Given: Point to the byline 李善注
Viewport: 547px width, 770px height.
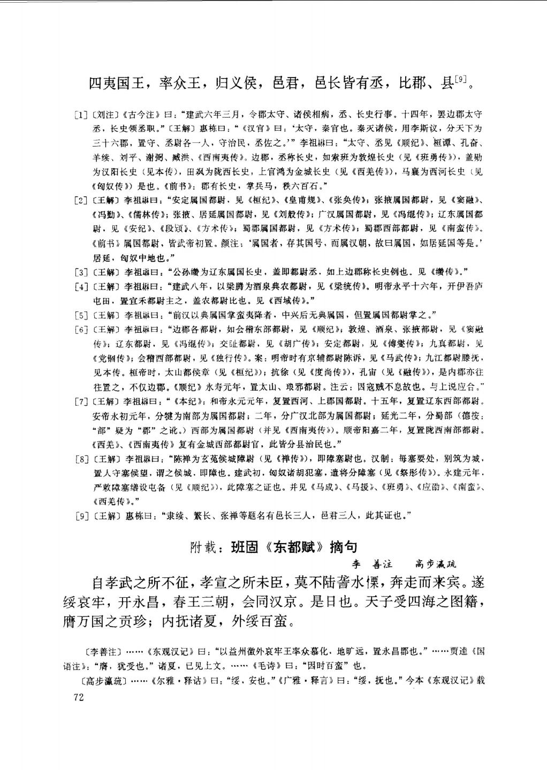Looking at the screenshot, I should point(371,564).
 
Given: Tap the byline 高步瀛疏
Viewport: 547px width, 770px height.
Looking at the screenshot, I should point(437,564).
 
